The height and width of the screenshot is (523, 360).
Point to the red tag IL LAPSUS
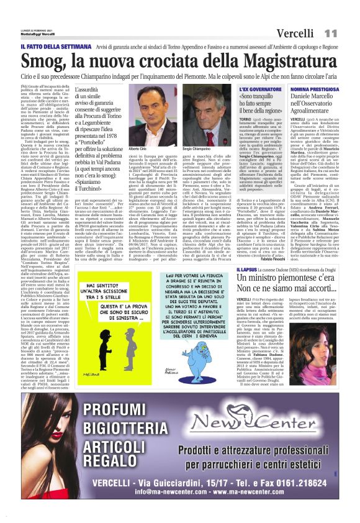click(x=248, y=287)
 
